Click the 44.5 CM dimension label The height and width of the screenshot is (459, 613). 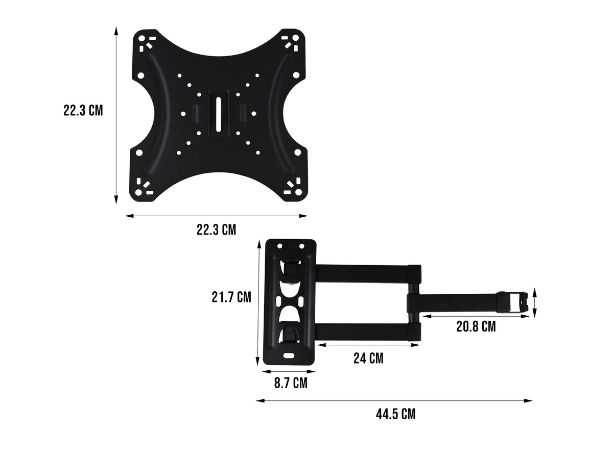(395, 414)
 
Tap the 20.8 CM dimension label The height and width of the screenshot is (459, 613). (476, 326)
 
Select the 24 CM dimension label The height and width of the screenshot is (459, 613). (368, 359)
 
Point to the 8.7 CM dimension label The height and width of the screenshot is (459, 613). (291, 383)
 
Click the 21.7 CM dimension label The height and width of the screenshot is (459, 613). (231, 297)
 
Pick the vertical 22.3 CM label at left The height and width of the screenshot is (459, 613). (83, 111)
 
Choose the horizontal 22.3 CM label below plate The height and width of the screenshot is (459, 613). (216, 230)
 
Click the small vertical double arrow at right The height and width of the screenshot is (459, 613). (534, 302)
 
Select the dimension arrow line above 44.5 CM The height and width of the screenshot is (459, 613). (394, 401)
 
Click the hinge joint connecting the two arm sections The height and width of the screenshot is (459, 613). (413, 302)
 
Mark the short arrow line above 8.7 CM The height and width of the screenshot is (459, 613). (288, 371)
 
